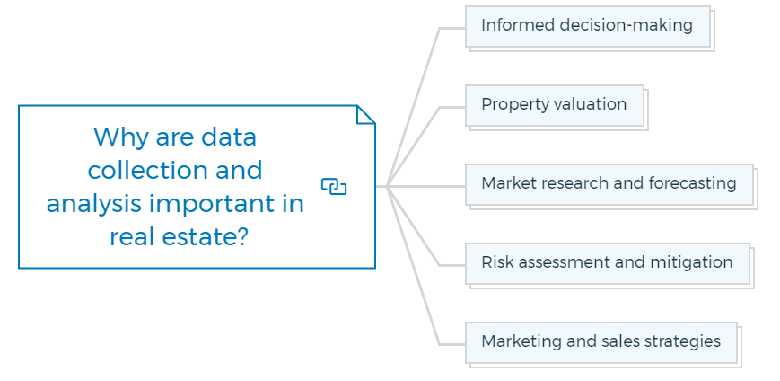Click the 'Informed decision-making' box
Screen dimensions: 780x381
588,27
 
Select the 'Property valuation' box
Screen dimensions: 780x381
555,106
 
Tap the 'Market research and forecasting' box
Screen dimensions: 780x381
609,185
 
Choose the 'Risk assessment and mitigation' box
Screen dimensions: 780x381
608,264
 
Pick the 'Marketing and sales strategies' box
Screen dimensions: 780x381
600,342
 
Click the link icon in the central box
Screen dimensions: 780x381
334,187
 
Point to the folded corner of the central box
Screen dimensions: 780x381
366,114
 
